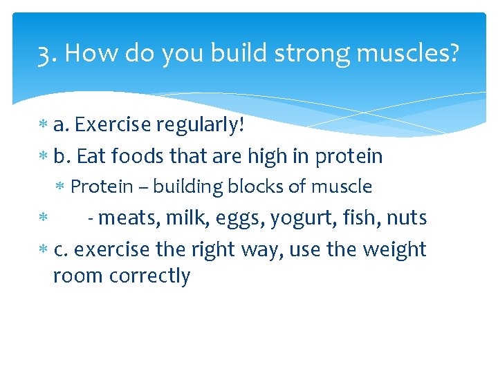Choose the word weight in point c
point(394,249)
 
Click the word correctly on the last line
point(150,276)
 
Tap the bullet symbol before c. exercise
point(43,249)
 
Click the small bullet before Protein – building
point(62,187)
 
